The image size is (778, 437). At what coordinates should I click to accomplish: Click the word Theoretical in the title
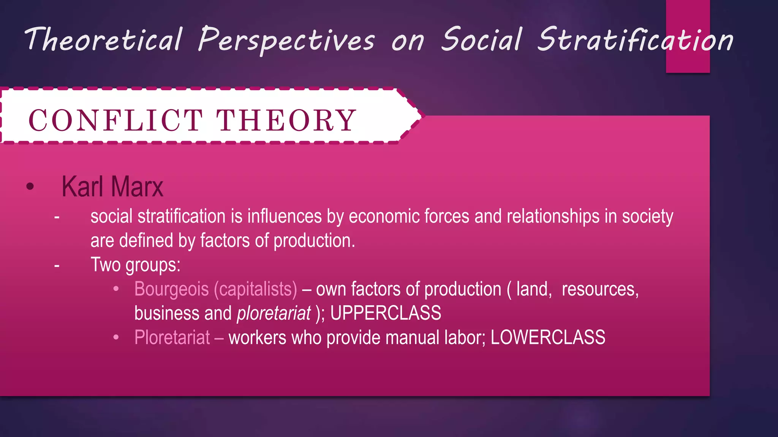103,39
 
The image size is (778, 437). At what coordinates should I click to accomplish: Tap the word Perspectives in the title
286,40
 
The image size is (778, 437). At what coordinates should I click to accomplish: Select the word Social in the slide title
481,39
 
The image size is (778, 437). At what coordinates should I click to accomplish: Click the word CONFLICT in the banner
115,121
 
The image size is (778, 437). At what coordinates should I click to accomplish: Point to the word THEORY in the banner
286,121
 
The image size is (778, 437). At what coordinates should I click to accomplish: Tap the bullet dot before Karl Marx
30,187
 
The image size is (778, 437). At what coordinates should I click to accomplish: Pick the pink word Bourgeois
171,289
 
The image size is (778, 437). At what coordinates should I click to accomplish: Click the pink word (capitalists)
255,289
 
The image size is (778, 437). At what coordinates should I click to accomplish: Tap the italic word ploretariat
274,313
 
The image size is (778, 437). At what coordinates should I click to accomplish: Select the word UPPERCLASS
386,313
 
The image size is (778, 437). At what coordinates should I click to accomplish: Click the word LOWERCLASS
548,338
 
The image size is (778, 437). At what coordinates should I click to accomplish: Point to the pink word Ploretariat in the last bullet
172,338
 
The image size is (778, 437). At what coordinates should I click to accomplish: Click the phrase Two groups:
135,265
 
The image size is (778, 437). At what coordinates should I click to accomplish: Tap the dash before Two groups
57,266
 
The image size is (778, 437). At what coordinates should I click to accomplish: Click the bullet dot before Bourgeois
116,289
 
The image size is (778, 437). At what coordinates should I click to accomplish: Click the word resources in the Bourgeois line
600,289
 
